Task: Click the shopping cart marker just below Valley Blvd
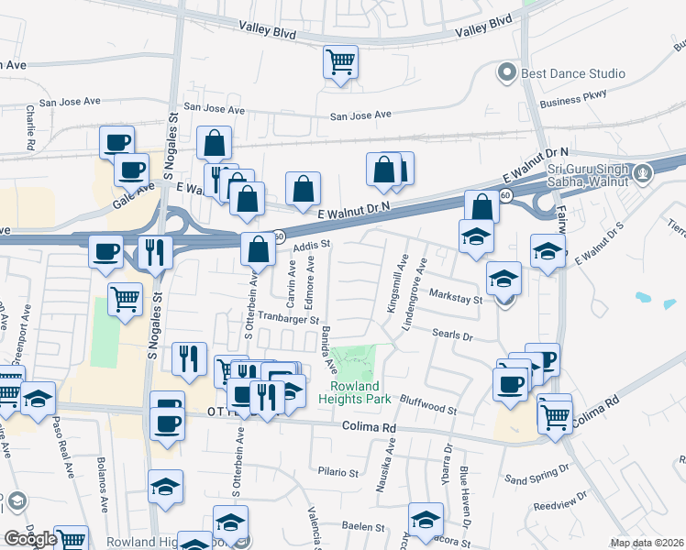coord(340,63)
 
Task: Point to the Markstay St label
coord(456,299)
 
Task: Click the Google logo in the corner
coord(30,538)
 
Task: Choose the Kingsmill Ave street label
coord(397,283)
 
